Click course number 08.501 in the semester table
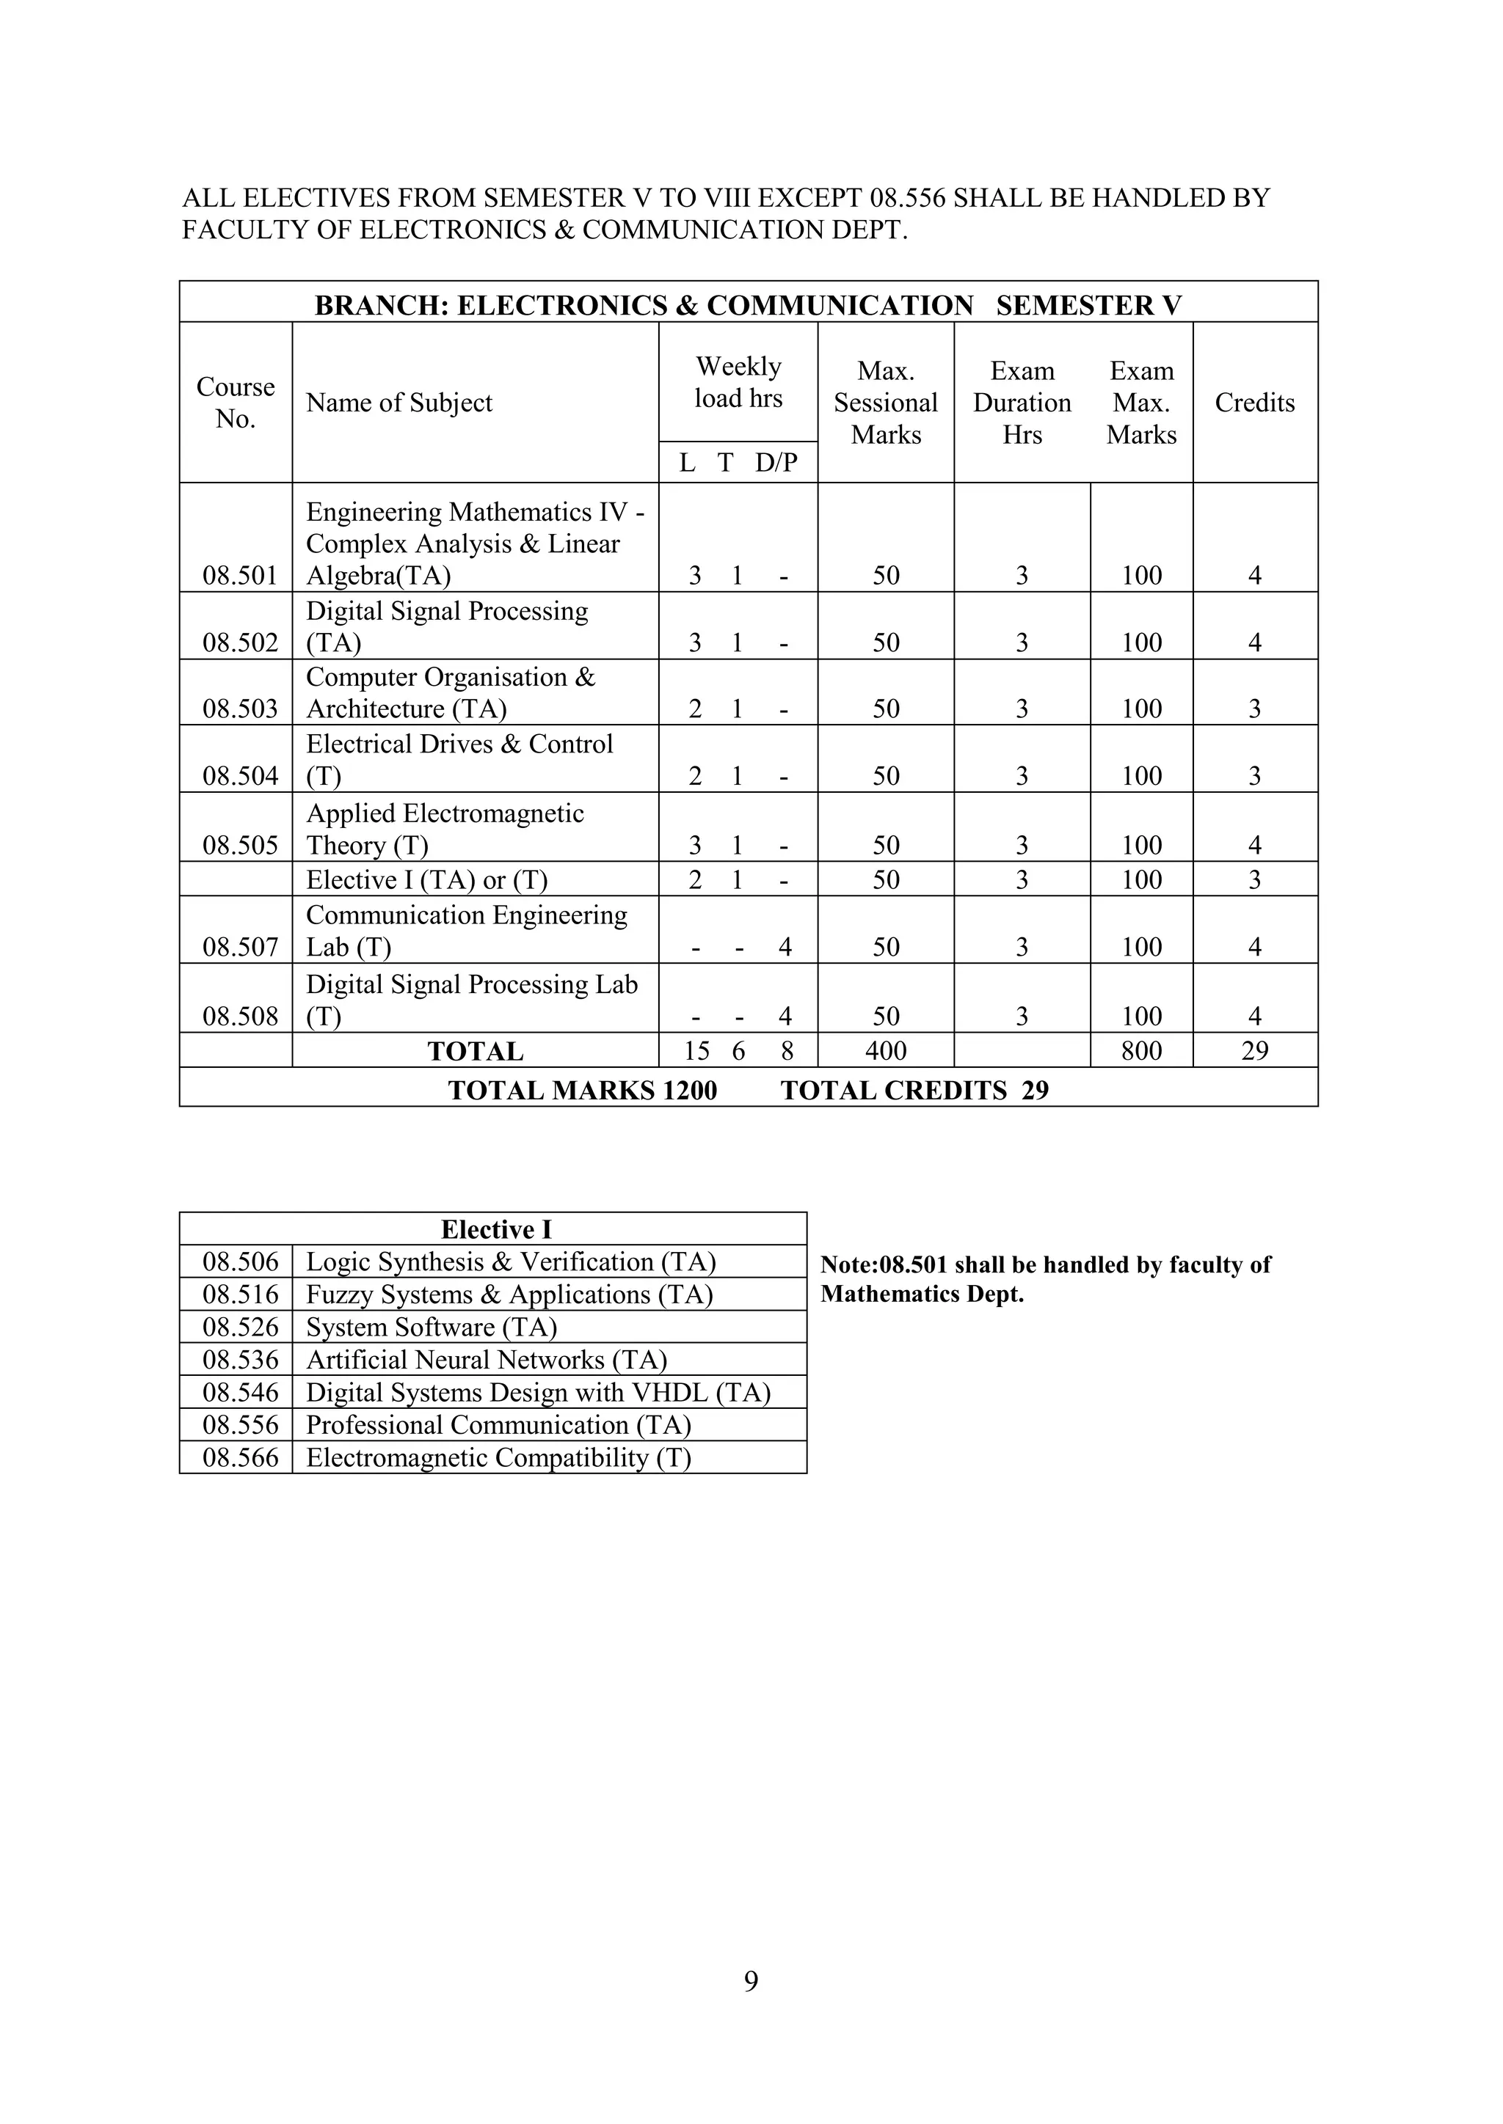coord(240,576)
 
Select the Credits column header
coord(1254,403)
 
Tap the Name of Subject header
coord(399,403)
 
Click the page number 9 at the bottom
coord(751,1980)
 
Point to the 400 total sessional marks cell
coord(886,1050)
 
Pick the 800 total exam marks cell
coord(1141,1050)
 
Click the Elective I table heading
coord(495,1229)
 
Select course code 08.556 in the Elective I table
coord(240,1424)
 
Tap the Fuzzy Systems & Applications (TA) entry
coord(509,1294)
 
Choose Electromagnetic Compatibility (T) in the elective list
coord(498,1457)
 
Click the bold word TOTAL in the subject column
coord(475,1051)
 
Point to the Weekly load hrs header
coord(738,382)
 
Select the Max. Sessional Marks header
coord(886,403)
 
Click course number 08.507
coord(240,946)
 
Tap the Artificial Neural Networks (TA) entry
coord(486,1359)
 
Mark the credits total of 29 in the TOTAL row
coord(1254,1050)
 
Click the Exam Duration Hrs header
coord(1022,403)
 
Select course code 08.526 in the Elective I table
coord(240,1327)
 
